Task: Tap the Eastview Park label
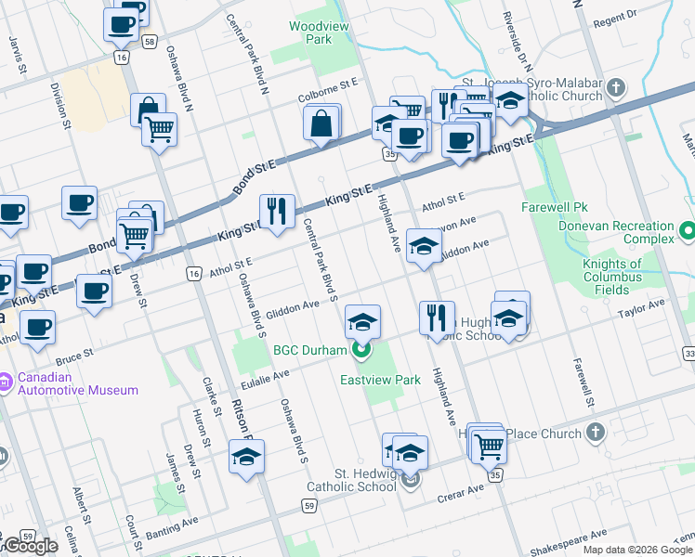click(380, 380)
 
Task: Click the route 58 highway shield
click(149, 41)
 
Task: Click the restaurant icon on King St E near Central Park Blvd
click(277, 212)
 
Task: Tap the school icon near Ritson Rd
click(246, 457)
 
